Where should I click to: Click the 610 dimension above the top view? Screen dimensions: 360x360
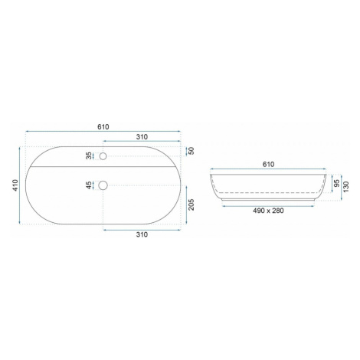(103, 127)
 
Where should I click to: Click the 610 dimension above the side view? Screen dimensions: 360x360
(268, 165)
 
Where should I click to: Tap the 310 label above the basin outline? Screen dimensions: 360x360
(142, 137)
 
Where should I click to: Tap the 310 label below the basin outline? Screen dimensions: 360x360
(142, 234)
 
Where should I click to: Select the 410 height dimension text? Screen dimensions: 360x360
(15, 185)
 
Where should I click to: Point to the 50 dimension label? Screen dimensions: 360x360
(191, 151)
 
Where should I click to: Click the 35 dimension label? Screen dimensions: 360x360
(89, 155)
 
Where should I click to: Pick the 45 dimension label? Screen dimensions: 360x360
(89, 185)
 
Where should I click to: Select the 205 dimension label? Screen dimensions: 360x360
(191, 205)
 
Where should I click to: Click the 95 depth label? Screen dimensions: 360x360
(337, 183)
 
